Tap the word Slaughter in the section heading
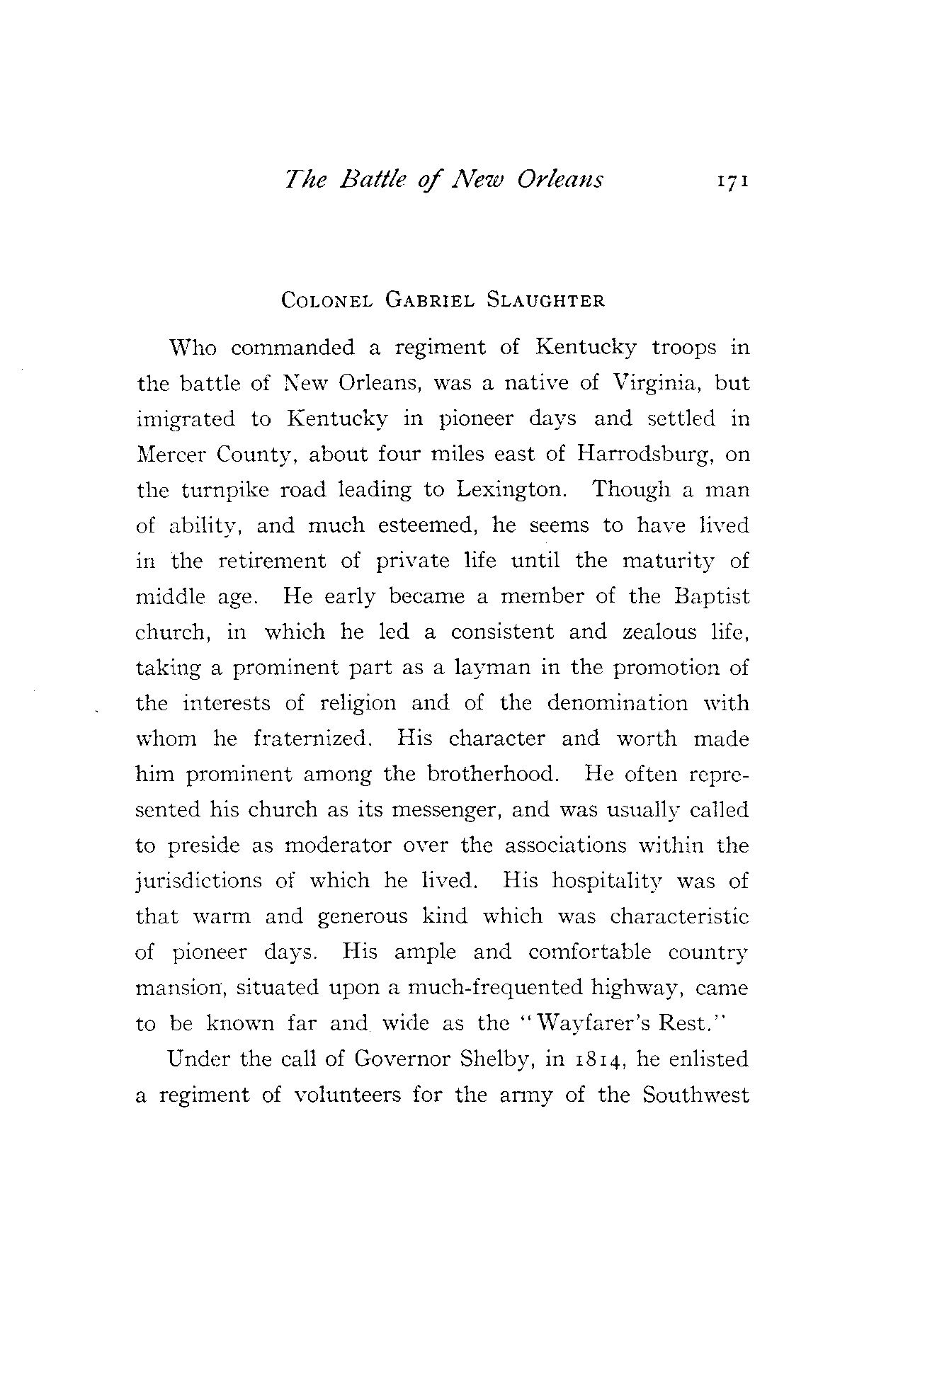tap(545, 300)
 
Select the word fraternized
tap(312, 739)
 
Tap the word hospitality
tap(606, 882)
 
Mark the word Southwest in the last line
tap(695, 1095)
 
